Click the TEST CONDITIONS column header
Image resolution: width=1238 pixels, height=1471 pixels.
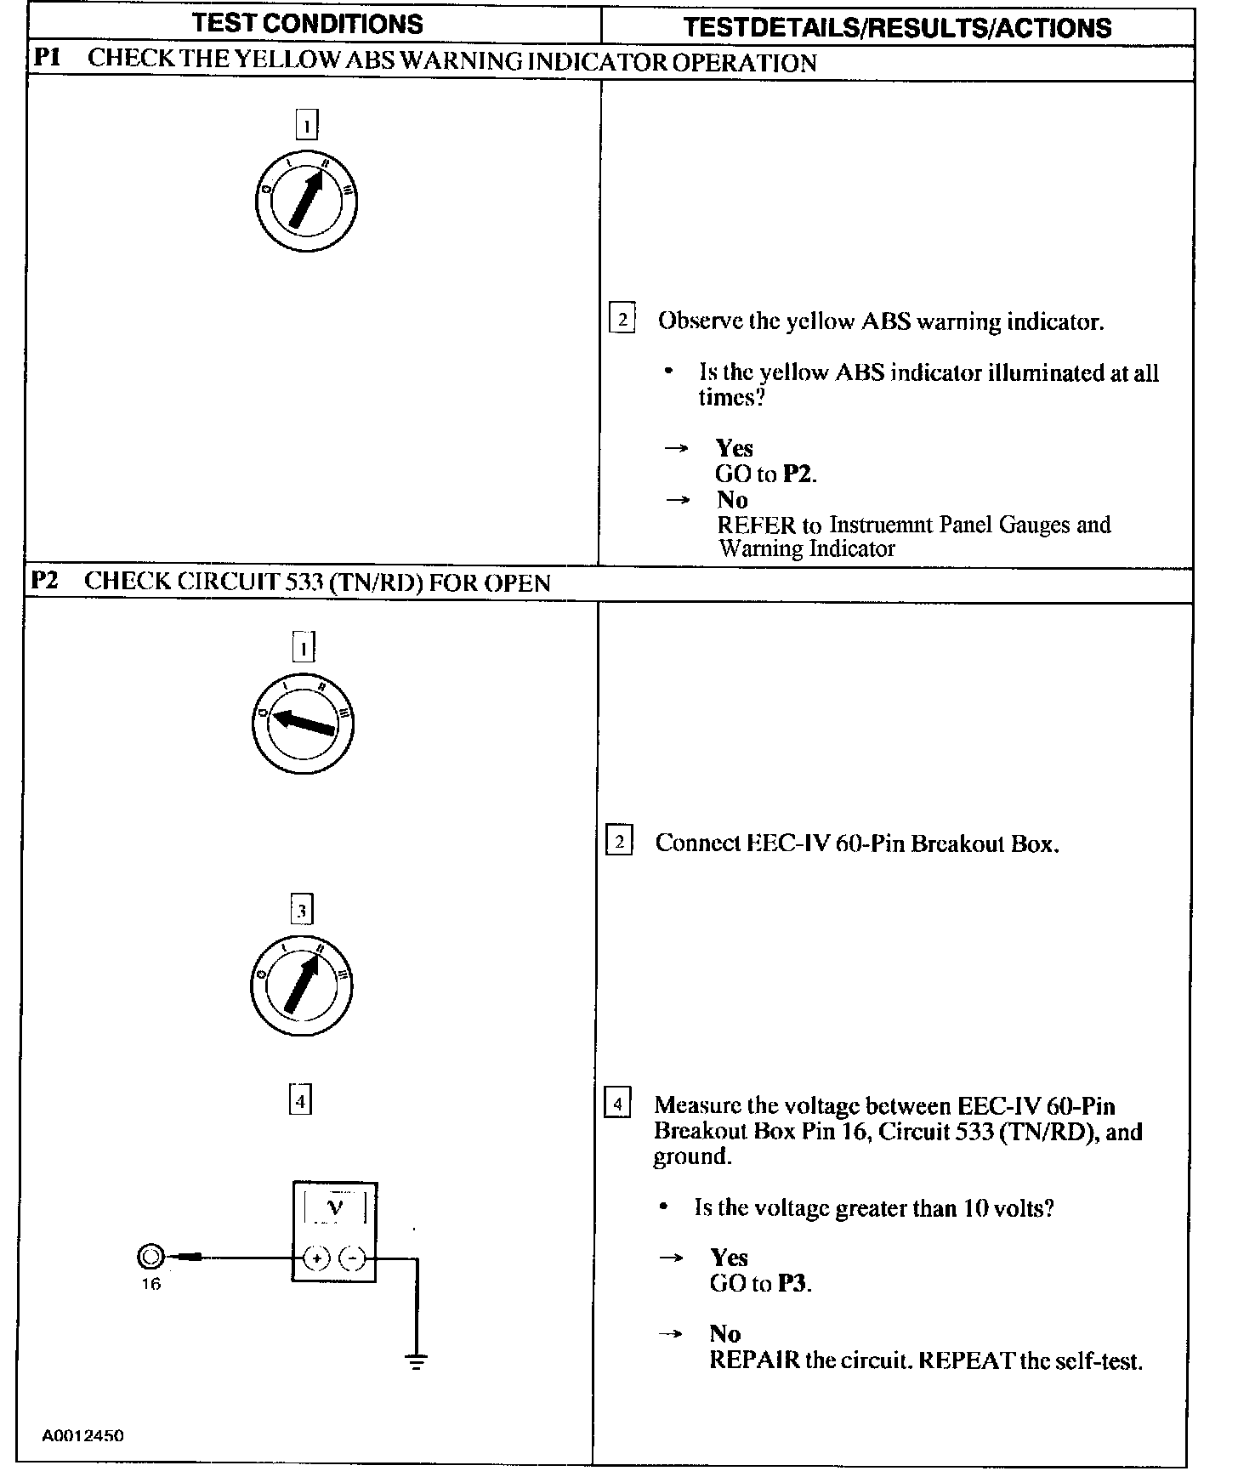tap(308, 24)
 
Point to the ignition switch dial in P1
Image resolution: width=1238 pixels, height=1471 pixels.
tap(306, 202)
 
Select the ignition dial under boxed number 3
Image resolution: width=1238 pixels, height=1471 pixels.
tap(301, 985)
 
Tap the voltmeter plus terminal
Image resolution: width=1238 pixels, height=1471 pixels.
tap(316, 1258)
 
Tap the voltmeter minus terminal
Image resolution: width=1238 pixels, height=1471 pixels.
tap(352, 1258)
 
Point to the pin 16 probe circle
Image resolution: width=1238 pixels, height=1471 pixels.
tap(150, 1257)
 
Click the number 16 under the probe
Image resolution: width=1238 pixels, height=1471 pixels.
tap(150, 1284)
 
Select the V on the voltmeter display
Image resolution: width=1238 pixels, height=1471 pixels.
tap(336, 1207)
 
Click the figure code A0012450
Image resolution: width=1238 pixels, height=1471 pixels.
tap(83, 1436)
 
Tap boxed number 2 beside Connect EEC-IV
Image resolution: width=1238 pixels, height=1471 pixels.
tap(619, 842)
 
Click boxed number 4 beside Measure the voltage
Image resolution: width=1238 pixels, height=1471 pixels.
tap(617, 1105)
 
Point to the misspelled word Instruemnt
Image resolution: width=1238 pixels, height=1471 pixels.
tap(881, 525)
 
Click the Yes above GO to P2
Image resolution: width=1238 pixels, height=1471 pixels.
tap(734, 448)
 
